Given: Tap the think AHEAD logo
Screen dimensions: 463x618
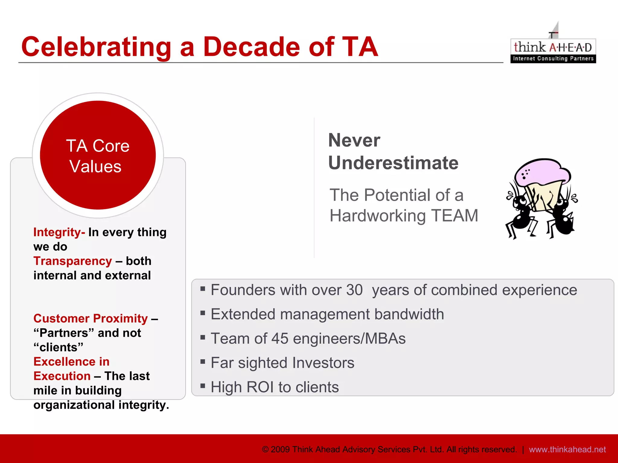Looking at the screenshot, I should click(553, 50).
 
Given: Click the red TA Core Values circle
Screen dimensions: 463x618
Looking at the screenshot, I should click(98, 155).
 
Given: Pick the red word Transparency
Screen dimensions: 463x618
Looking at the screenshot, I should click(73, 261).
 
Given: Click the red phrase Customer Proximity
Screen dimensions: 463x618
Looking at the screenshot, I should click(91, 319).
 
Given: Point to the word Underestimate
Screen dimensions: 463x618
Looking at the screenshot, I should click(393, 163).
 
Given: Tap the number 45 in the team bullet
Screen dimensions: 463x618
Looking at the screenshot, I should click(280, 339).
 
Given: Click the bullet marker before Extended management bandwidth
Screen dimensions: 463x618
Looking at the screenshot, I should click(203, 313).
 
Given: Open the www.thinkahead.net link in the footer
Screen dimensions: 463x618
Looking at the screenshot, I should click(567, 449).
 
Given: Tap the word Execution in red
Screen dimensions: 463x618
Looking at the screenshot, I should click(62, 376).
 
